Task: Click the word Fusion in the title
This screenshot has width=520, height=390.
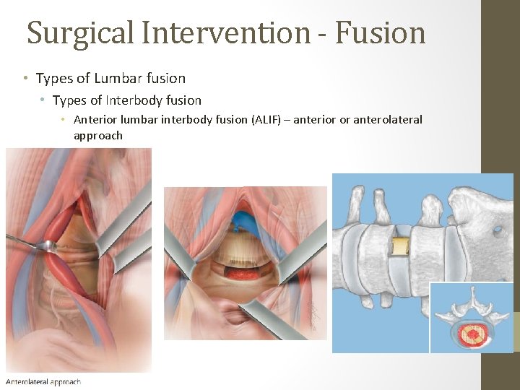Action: point(381,33)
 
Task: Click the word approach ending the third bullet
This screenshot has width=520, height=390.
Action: point(98,136)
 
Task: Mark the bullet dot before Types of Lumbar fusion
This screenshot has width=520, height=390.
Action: point(25,78)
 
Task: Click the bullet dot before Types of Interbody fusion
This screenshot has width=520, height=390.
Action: point(43,100)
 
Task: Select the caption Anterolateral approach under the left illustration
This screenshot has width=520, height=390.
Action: point(43,382)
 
